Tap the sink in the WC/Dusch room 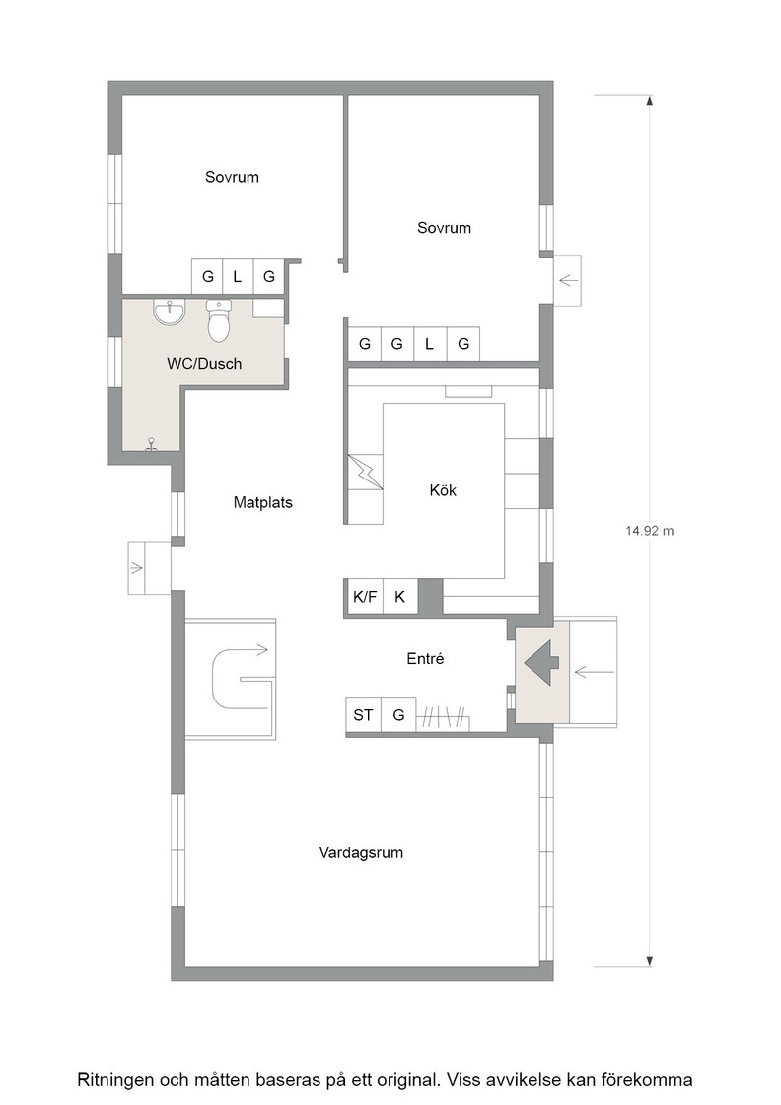(x=169, y=312)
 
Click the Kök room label (x=443, y=489)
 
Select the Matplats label (x=262, y=502)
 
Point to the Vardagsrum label (x=361, y=852)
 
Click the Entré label (x=425, y=658)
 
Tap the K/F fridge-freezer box (x=365, y=597)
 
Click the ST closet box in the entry (x=363, y=715)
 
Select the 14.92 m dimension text (x=649, y=531)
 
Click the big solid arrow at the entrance (x=541, y=662)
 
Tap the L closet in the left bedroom (x=238, y=277)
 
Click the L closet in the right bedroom (x=430, y=344)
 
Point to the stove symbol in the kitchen (x=366, y=473)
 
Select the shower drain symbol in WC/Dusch (x=151, y=444)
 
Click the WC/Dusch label (x=204, y=364)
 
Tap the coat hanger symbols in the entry (x=442, y=718)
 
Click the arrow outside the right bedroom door (x=568, y=281)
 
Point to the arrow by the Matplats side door (x=136, y=567)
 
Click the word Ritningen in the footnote (x=116, y=1079)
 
